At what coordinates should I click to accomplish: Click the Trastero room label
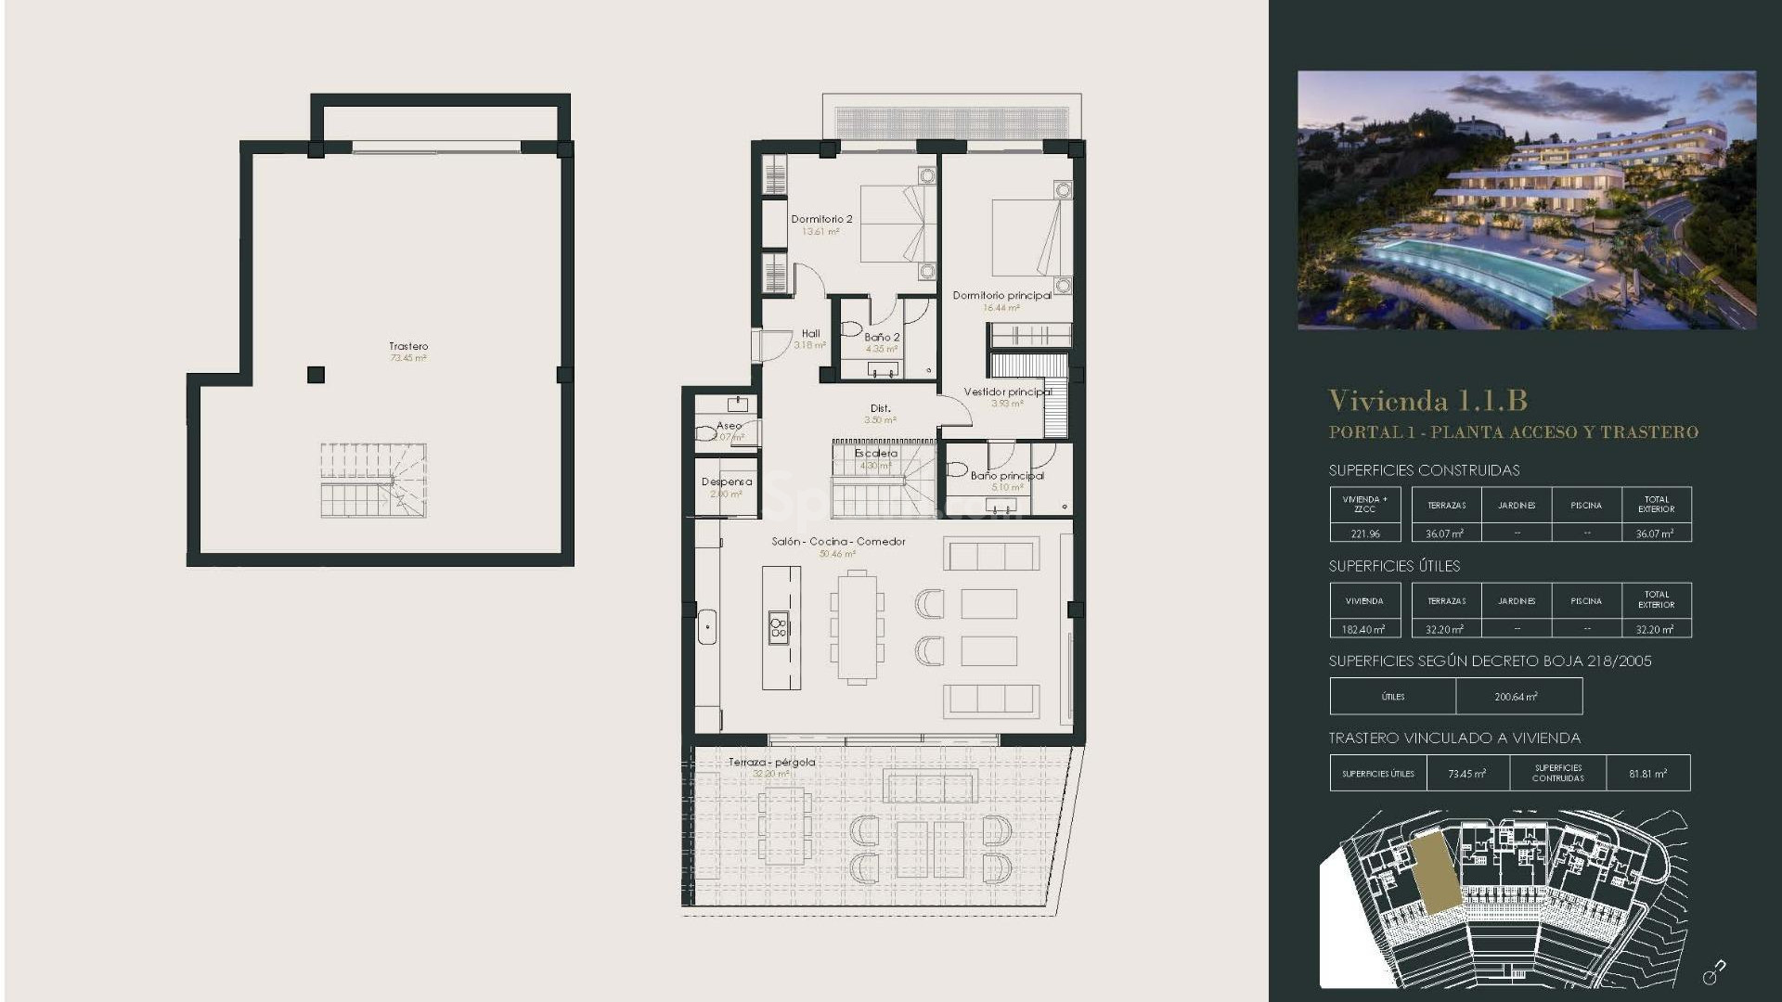click(x=408, y=347)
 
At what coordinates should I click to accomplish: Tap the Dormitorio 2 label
click(x=821, y=220)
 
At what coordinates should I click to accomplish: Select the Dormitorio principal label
click(x=1001, y=296)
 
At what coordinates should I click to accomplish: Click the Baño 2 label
click(x=882, y=338)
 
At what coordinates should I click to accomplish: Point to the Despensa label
click(x=727, y=482)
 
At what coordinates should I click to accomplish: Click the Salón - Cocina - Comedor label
click(x=838, y=542)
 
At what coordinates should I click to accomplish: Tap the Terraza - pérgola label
click(x=771, y=763)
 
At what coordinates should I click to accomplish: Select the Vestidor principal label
click(x=1007, y=392)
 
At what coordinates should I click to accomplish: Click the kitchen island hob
click(x=779, y=628)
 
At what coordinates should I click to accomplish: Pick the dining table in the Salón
click(x=857, y=627)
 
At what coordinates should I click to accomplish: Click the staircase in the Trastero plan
click(x=373, y=481)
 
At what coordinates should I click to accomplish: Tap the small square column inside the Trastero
click(x=316, y=375)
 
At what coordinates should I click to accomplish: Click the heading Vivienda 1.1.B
click(x=1427, y=401)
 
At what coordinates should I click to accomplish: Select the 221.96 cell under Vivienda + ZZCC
click(x=1364, y=533)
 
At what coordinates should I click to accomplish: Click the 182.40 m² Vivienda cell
click(x=1363, y=629)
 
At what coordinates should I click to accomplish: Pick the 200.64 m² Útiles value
click(x=1517, y=697)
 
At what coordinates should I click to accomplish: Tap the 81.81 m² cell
click(x=1647, y=774)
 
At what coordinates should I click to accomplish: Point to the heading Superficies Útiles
click(x=1394, y=566)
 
